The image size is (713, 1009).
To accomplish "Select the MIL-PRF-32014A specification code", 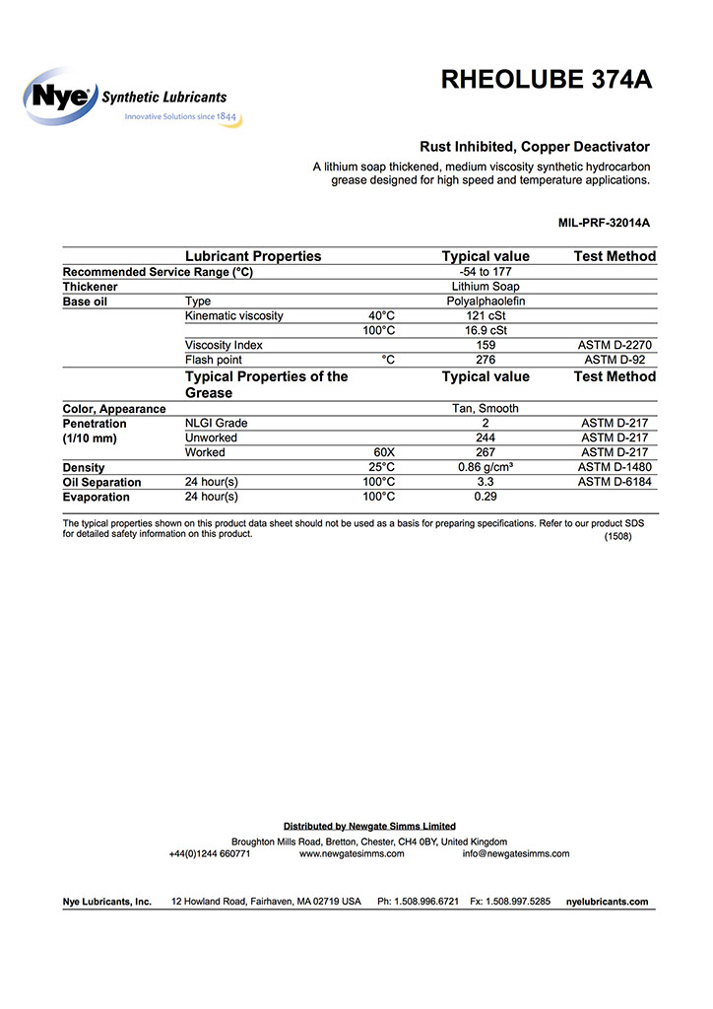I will pos(604,223).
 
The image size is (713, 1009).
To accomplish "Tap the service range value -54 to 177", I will pos(486,272).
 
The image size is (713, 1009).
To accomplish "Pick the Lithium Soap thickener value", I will pos(486,287).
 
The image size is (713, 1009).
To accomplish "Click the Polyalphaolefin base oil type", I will pos(486,302).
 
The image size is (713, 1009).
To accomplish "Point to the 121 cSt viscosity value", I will pos(486,316).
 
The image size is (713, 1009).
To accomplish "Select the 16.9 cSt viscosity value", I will pos(486,331).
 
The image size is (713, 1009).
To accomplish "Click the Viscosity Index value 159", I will pos(486,346).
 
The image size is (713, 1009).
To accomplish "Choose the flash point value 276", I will pos(486,361).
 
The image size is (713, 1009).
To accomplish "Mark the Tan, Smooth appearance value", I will pos(486,409).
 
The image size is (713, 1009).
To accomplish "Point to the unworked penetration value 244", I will pos(486,437).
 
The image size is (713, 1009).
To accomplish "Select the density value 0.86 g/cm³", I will pos(486,467).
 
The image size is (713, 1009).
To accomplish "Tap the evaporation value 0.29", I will pos(486,497).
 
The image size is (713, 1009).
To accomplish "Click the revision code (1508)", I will pos(617,538).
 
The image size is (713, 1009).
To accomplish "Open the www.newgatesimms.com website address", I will pos(352,854).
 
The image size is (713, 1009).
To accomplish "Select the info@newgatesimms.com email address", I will pos(516,854).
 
